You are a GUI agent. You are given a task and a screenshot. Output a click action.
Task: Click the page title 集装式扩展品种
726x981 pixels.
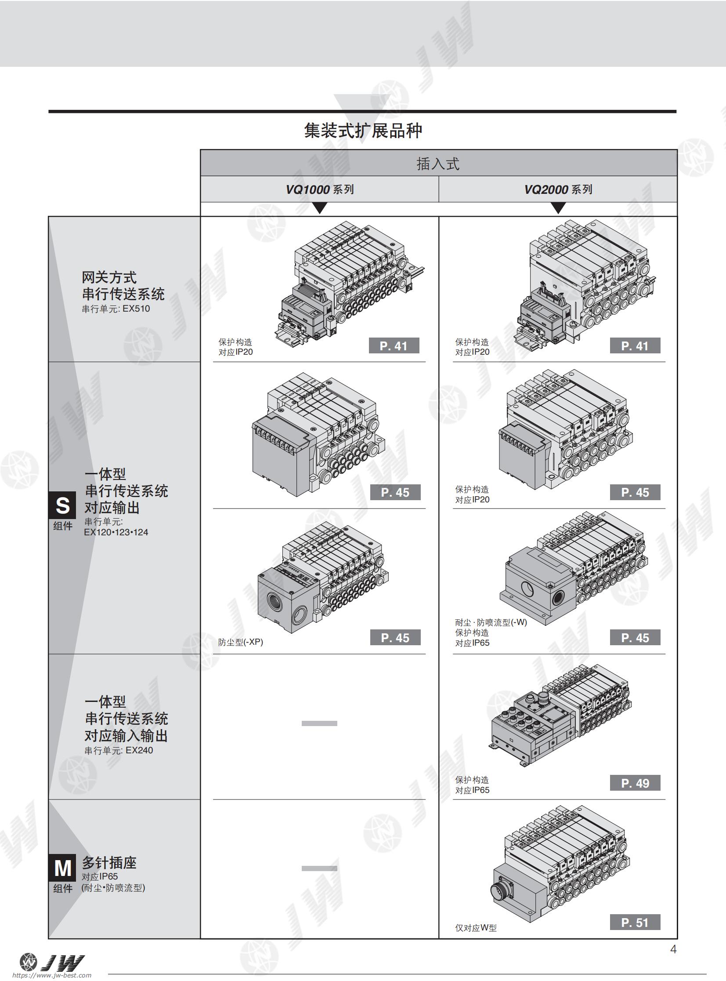pyautogui.click(x=363, y=131)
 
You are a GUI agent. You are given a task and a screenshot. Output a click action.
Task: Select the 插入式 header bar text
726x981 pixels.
pyautogui.click(x=438, y=163)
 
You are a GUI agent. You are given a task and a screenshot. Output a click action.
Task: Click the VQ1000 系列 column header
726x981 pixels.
pyautogui.click(x=319, y=189)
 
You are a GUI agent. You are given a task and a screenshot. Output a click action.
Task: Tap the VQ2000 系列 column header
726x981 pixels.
pyautogui.click(x=558, y=189)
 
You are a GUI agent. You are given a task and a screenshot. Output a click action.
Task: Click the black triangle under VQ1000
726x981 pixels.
pyautogui.click(x=320, y=207)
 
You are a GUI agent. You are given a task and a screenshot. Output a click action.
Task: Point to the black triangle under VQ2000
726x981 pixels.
pyautogui.click(x=558, y=207)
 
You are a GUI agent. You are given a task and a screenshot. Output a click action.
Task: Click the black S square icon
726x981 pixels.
pyautogui.click(x=62, y=505)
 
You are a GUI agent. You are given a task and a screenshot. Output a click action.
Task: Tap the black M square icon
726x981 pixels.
pyautogui.click(x=62, y=868)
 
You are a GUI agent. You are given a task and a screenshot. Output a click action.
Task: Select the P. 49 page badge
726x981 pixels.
pyautogui.click(x=635, y=783)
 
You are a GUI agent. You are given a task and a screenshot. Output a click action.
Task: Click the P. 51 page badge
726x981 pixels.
pyautogui.click(x=635, y=922)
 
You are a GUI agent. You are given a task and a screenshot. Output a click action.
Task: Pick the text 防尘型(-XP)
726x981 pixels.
pyautogui.click(x=240, y=642)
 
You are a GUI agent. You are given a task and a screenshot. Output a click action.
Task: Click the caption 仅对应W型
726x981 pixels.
pyautogui.click(x=476, y=928)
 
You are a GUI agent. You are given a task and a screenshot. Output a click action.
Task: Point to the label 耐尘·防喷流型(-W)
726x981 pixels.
pyautogui.click(x=491, y=622)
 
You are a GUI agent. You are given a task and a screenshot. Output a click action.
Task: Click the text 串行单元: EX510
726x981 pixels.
pyautogui.click(x=116, y=309)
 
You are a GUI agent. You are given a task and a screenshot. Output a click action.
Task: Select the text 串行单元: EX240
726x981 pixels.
pyautogui.click(x=119, y=751)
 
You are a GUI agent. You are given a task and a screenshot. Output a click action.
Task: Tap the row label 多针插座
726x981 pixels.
pyautogui.click(x=109, y=863)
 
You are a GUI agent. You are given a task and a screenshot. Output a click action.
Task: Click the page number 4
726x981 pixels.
pyautogui.click(x=673, y=949)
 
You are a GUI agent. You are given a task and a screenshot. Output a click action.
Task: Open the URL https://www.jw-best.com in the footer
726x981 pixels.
pyautogui.click(x=52, y=975)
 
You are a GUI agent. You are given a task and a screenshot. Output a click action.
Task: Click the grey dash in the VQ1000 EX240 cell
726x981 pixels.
pyautogui.click(x=319, y=723)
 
